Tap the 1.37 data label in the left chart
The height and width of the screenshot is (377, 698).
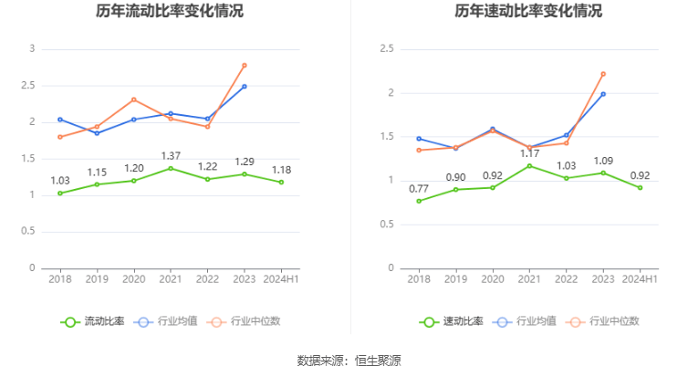(x=171, y=156)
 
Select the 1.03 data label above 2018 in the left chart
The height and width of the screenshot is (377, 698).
(x=60, y=181)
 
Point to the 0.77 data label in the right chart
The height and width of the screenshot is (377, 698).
(x=419, y=189)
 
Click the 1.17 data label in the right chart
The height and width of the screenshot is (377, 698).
(x=529, y=153)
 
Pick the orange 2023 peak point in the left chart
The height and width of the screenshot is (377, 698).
(x=245, y=65)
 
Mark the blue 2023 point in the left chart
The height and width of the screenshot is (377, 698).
(x=245, y=86)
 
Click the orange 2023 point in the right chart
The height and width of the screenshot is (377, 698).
(x=603, y=74)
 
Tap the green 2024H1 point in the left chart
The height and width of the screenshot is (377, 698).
(x=281, y=182)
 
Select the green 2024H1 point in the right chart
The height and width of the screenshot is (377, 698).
(x=640, y=187)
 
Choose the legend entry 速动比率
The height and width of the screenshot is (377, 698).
(x=453, y=321)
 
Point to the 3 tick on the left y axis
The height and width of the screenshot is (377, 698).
(x=32, y=48)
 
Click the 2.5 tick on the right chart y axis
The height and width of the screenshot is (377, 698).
(x=387, y=48)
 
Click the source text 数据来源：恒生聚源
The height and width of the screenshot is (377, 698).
(x=349, y=361)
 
